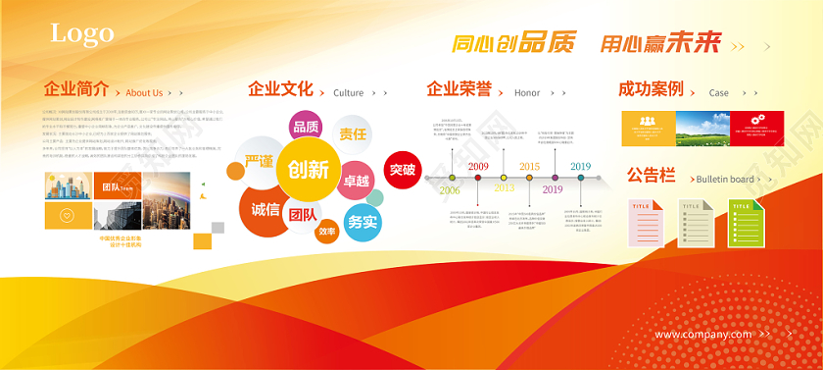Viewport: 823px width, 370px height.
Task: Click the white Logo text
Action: [82, 34]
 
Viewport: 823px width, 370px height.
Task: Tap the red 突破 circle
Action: [402, 170]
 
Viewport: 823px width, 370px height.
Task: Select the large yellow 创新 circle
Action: [308, 169]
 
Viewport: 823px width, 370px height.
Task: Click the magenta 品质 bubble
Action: [306, 127]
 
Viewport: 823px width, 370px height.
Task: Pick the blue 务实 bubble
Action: [362, 222]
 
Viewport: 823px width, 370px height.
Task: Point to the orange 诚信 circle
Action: [266, 209]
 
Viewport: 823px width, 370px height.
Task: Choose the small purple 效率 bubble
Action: [326, 232]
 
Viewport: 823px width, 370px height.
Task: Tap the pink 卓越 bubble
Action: [357, 181]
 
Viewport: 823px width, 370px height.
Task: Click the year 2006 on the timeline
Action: [450, 190]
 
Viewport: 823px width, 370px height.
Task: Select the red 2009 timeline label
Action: [478, 167]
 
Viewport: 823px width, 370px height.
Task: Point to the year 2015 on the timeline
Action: [529, 167]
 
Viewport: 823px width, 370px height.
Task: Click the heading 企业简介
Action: [76, 89]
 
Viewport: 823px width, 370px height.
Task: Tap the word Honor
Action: [527, 93]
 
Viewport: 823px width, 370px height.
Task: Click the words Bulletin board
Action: [725, 180]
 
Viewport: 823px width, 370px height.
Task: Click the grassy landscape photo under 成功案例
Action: [702, 129]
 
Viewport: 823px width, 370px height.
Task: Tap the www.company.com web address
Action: [703, 335]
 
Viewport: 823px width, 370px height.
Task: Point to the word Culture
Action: [348, 93]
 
